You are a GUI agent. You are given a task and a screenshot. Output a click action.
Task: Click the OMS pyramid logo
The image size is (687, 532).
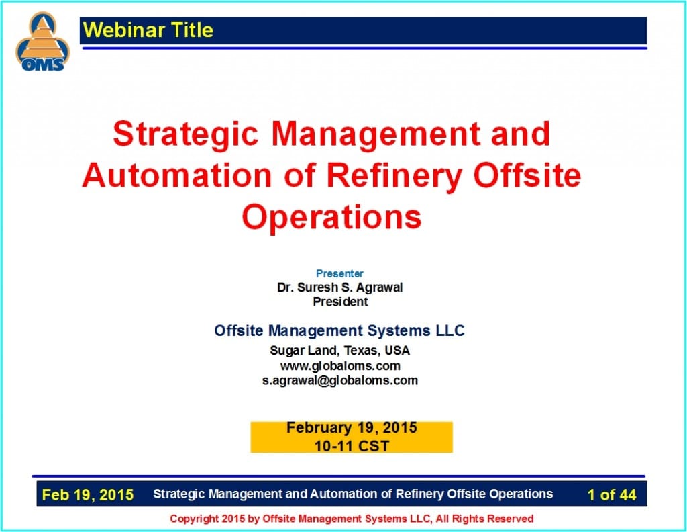click(42, 42)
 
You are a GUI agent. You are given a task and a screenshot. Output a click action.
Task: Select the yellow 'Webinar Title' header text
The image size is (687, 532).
click(148, 30)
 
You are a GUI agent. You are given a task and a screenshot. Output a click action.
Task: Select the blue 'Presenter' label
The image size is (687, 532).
click(339, 273)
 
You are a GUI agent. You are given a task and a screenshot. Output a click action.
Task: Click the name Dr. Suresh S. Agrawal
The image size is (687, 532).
click(340, 287)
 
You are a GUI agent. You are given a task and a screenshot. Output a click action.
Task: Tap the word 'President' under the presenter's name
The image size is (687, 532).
click(340, 302)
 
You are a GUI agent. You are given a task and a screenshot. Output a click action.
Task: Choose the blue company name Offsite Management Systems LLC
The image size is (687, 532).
click(339, 330)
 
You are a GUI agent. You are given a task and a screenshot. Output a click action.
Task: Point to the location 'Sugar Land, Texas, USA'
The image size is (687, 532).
click(339, 351)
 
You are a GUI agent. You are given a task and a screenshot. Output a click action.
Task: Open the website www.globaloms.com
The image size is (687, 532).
click(340, 366)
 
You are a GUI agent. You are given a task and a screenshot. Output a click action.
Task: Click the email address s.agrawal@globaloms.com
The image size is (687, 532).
click(339, 380)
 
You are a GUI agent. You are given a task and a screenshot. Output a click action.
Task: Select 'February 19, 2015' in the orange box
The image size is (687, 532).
click(352, 428)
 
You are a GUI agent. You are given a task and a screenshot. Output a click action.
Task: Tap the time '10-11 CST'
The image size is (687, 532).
click(352, 445)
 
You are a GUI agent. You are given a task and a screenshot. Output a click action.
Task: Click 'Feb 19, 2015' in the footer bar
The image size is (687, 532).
click(87, 495)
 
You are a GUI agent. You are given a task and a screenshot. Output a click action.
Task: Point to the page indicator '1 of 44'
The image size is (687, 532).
click(611, 495)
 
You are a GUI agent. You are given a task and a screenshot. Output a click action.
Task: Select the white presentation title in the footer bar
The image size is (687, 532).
click(353, 494)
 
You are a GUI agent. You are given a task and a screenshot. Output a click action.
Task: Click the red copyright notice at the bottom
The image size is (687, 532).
click(352, 519)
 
